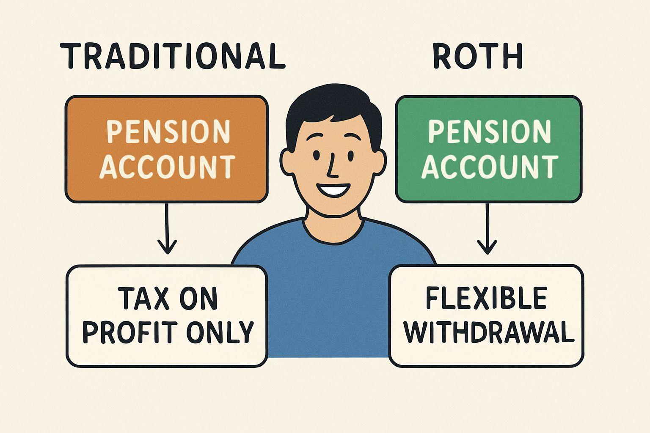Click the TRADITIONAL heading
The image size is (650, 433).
(173, 56)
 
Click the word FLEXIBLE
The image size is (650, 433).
(486, 298)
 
